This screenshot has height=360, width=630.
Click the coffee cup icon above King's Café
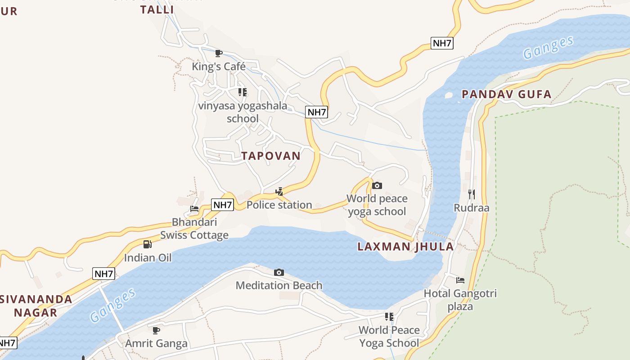tap(219, 53)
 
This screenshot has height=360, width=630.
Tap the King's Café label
tap(219, 67)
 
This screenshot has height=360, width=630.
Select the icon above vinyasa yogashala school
tap(243, 92)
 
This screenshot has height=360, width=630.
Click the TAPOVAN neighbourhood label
tap(271, 156)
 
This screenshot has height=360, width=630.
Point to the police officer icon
tap(279, 192)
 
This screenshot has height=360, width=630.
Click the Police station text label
tap(279, 205)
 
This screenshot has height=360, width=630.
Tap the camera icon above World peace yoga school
tap(377, 185)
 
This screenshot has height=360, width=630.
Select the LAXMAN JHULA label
tap(405, 247)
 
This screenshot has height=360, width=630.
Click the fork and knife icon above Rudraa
tap(472, 194)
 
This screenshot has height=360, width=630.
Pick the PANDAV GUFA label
tap(507, 94)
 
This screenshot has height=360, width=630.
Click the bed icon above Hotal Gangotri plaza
tap(460, 280)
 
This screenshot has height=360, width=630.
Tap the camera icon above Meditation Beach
tap(279, 272)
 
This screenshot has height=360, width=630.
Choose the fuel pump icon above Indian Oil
tap(148, 244)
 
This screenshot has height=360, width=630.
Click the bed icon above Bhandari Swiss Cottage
tap(194, 209)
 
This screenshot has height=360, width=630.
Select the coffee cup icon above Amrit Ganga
tap(156, 330)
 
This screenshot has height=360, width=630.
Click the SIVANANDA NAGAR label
tap(36, 306)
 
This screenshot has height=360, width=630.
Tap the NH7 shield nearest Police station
tap(222, 205)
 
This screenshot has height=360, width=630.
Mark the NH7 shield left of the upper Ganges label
tap(442, 43)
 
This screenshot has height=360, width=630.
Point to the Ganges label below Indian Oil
tap(113, 306)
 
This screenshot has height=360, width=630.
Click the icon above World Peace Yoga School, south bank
tap(389, 316)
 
